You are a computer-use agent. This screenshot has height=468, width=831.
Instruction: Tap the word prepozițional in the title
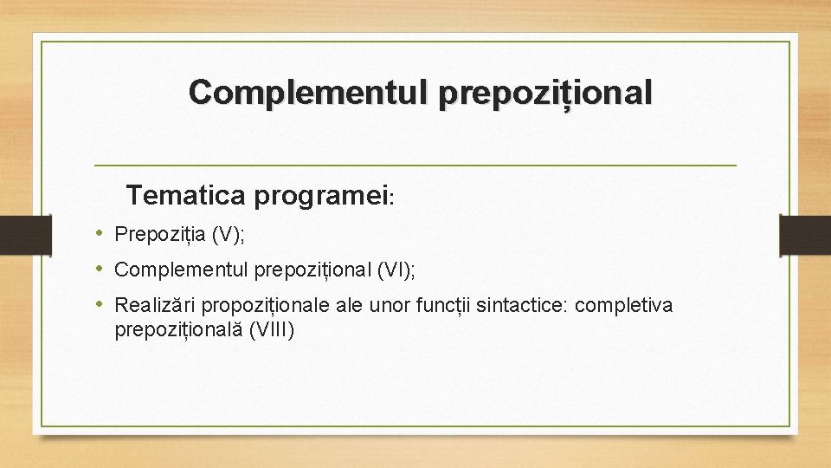click(545, 93)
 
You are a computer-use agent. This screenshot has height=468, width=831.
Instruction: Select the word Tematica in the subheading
click(186, 196)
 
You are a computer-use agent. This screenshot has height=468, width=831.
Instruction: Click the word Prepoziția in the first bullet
click(159, 234)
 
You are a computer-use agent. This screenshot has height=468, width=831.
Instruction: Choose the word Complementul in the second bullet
click(181, 270)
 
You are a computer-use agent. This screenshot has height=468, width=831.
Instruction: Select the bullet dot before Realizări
click(100, 305)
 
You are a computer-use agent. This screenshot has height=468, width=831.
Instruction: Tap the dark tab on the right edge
click(804, 235)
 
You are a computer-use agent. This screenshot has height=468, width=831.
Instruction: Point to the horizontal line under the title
click(415, 165)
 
